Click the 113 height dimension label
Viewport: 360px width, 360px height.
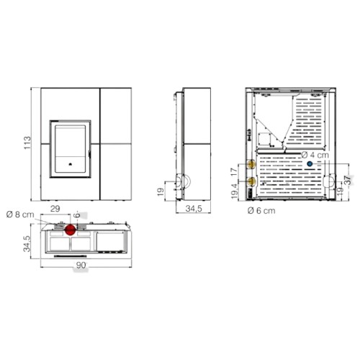tap(27, 143)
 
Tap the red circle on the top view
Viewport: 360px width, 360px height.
tap(71, 230)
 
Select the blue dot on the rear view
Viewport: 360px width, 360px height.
tap(310, 164)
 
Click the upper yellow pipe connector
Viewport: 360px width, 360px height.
tap(251, 164)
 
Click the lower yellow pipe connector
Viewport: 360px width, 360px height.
tap(251, 181)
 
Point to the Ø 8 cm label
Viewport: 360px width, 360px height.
tap(20, 215)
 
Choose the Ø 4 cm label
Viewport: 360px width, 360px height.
tap(315, 155)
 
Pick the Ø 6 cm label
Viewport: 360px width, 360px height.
tap(261, 211)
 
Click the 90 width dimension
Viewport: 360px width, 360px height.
tap(81, 265)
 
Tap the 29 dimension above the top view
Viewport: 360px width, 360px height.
tap(55, 209)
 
